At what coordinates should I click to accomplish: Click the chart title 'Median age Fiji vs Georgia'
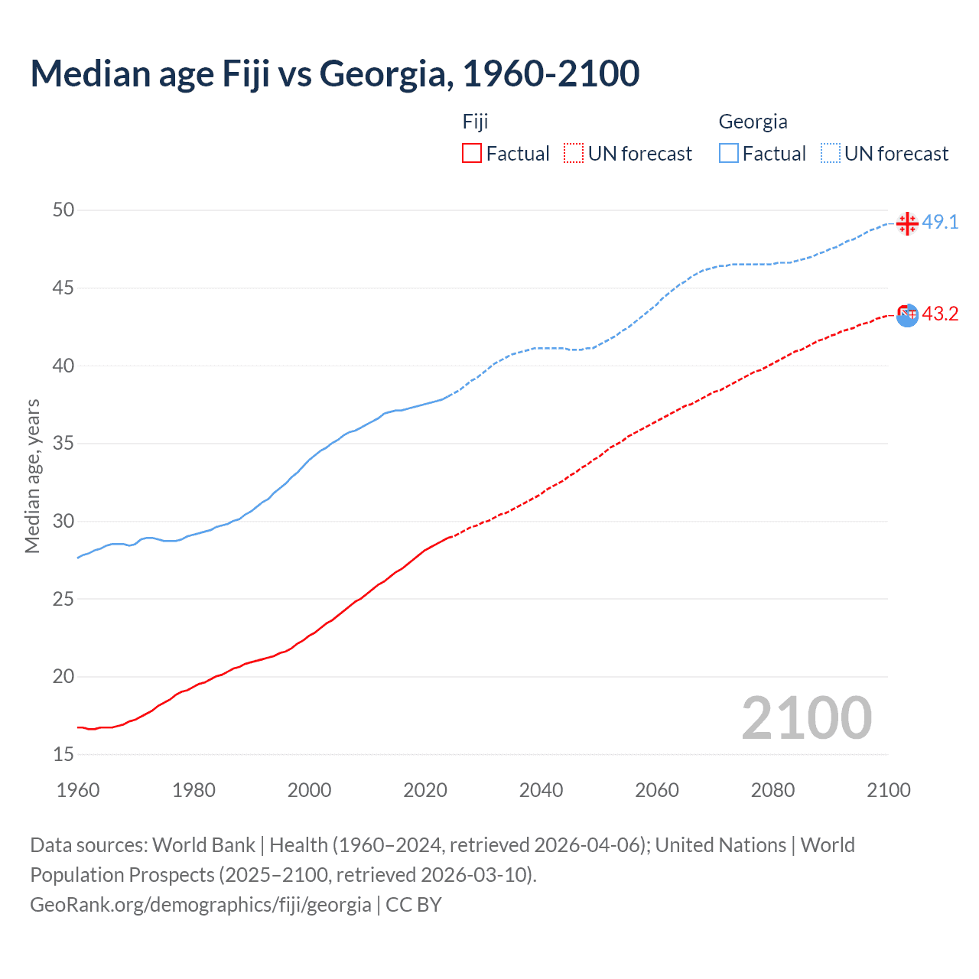pyautogui.click(x=334, y=74)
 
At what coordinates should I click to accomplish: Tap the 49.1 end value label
pyautogui.click(x=940, y=223)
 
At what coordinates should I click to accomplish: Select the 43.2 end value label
pyautogui.click(x=940, y=314)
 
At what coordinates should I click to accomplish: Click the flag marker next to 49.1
pyautogui.click(x=907, y=223)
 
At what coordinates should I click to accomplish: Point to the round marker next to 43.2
pyautogui.click(x=907, y=314)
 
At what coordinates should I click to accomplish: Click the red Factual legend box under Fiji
pyautogui.click(x=472, y=154)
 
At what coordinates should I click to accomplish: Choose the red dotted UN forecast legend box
pyautogui.click(x=574, y=154)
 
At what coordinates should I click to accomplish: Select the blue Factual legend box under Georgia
pyautogui.click(x=729, y=154)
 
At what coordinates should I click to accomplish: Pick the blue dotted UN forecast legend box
pyautogui.click(x=831, y=154)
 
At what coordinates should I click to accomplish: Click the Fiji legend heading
pyautogui.click(x=475, y=122)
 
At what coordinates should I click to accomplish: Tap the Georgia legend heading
pyautogui.click(x=753, y=122)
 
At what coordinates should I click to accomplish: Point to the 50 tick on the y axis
pyautogui.click(x=63, y=210)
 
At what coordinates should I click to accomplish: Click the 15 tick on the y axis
pyautogui.click(x=63, y=754)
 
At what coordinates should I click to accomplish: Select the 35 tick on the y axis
pyautogui.click(x=63, y=443)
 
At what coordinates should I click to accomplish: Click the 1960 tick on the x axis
pyautogui.click(x=78, y=790)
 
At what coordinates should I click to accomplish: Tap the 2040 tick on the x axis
pyautogui.click(x=541, y=790)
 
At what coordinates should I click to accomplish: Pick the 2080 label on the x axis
pyautogui.click(x=772, y=790)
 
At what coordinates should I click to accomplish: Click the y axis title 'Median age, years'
pyautogui.click(x=32, y=476)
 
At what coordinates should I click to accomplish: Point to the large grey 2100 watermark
pyautogui.click(x=806, y=718)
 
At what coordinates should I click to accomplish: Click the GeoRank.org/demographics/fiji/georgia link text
pyautogui.click(x=200, y=905)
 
